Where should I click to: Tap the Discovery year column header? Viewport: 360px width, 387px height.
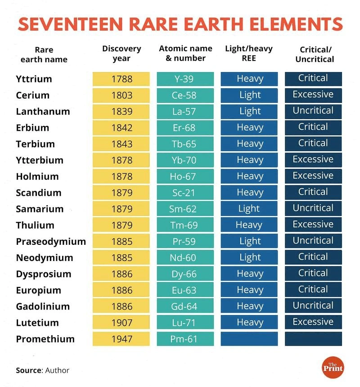(121, 53)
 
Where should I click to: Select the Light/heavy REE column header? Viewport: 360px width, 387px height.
(249, 53)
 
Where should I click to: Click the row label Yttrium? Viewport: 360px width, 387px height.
(34, 79)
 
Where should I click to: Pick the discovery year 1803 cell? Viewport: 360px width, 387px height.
(121, 95)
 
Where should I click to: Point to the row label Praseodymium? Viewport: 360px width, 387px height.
(51, 242)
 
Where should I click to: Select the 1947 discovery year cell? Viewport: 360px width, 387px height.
(121, 339)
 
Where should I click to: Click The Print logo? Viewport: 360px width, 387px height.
(333, 367)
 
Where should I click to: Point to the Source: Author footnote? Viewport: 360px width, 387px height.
(43, 370)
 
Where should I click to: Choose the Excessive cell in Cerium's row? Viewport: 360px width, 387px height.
(313, 95)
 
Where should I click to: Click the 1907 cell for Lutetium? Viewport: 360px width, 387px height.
(121, 323)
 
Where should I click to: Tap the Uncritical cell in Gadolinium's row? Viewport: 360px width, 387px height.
(313, 306)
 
